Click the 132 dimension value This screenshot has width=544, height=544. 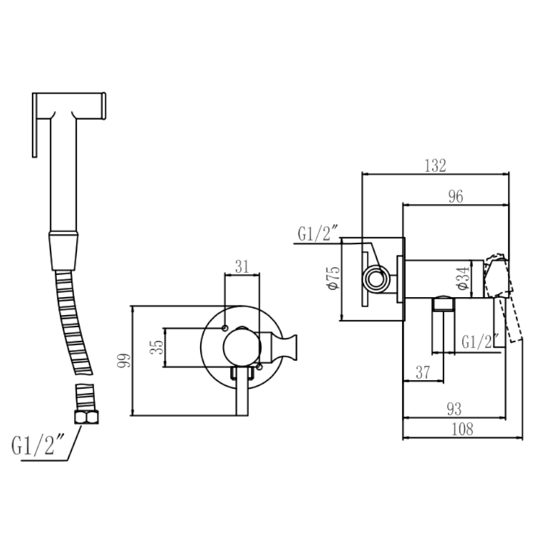pos(435,165)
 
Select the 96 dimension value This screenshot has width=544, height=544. pos(455,196)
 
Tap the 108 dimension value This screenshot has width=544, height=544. pos(462,429)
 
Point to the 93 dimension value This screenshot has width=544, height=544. pos(454,409)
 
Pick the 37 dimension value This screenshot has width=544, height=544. pos(423,372)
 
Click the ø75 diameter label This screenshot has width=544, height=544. pos(333,278)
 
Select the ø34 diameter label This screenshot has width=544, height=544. pos(463,278)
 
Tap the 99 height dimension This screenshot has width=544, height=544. pos(124,361)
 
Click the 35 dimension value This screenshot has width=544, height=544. pos(156,347)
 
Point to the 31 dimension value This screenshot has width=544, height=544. pos(242,267)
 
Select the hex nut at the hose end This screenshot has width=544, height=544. pos(86,417)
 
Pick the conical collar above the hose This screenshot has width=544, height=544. pos(63,251)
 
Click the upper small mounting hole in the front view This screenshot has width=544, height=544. pos(225,328)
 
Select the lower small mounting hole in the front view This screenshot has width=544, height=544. pos(259,366)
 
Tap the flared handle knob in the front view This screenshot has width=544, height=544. pos(289,347)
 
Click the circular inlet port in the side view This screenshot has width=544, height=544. pos(376,279)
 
